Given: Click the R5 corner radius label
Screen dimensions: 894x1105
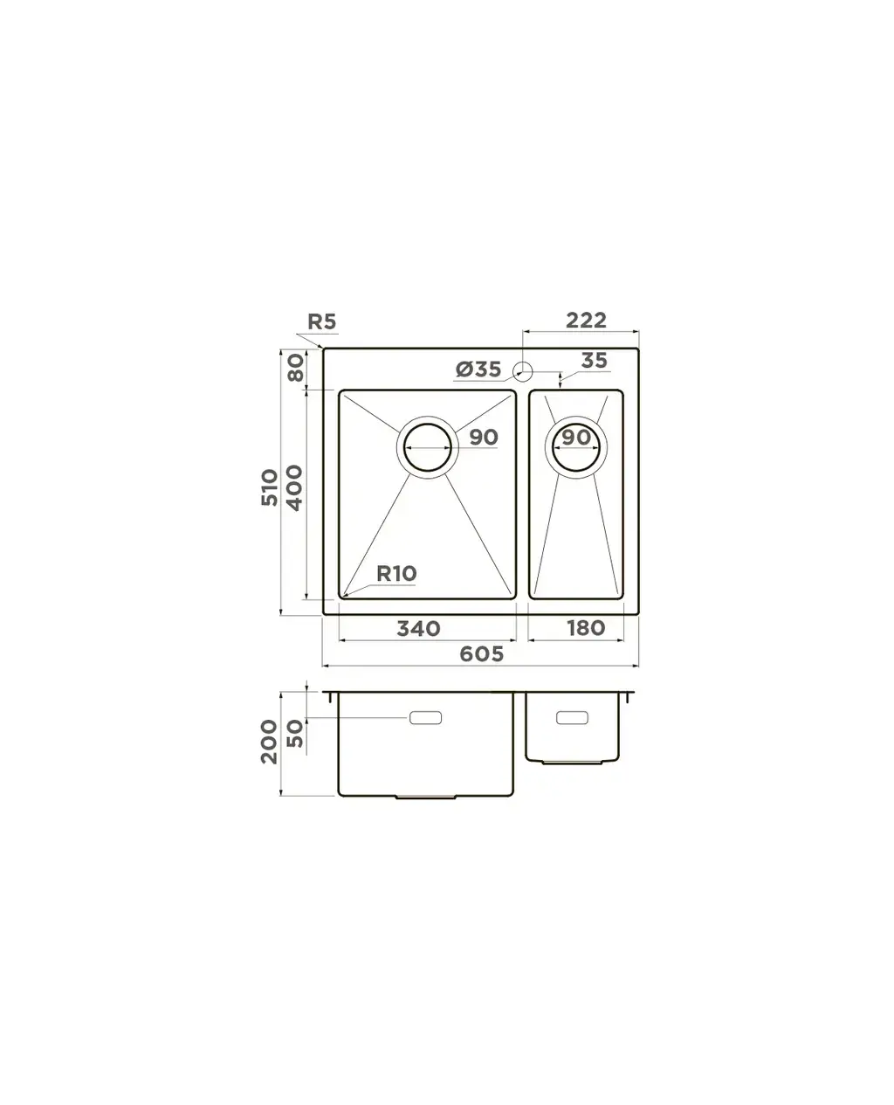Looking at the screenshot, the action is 322,321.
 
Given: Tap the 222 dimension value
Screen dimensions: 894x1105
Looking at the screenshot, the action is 586,320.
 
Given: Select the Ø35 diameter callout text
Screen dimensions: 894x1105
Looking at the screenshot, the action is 478,369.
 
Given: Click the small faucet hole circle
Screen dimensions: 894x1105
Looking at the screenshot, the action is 523,371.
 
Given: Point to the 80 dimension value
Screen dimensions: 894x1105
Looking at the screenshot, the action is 296,367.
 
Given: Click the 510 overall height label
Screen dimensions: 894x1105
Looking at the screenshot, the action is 269,487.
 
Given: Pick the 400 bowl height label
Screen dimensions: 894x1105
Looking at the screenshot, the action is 294,487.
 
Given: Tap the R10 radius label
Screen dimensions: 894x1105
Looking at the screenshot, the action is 396,573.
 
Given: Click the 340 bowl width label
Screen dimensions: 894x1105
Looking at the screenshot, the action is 418,628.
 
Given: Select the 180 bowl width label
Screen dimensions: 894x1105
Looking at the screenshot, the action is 586,628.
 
